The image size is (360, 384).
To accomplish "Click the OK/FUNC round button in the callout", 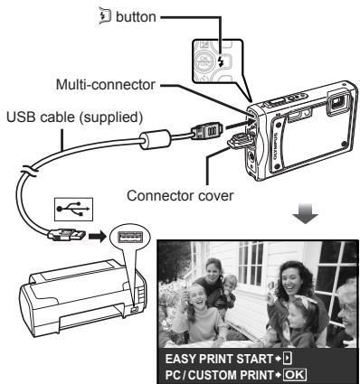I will [x=238, y=66].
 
